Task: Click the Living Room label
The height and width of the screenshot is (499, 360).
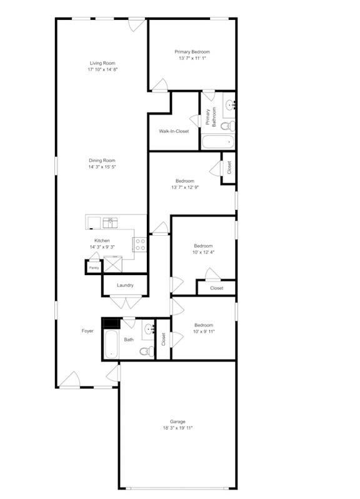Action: point(102,63)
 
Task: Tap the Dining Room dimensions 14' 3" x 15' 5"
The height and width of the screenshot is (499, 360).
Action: point(102,167)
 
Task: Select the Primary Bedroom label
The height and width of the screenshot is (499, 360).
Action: point(192,52)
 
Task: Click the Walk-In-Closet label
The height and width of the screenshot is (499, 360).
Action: point(174,131)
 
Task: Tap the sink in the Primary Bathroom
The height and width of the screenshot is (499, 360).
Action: point(229,104)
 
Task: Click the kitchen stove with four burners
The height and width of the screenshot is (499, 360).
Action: point(141,244)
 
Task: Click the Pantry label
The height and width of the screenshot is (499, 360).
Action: point(93,268)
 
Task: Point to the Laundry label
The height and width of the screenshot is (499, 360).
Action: point(126,285)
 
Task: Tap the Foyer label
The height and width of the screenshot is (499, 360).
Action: point(87,331)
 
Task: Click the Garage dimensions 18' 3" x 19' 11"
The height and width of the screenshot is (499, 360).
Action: point(177,428)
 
